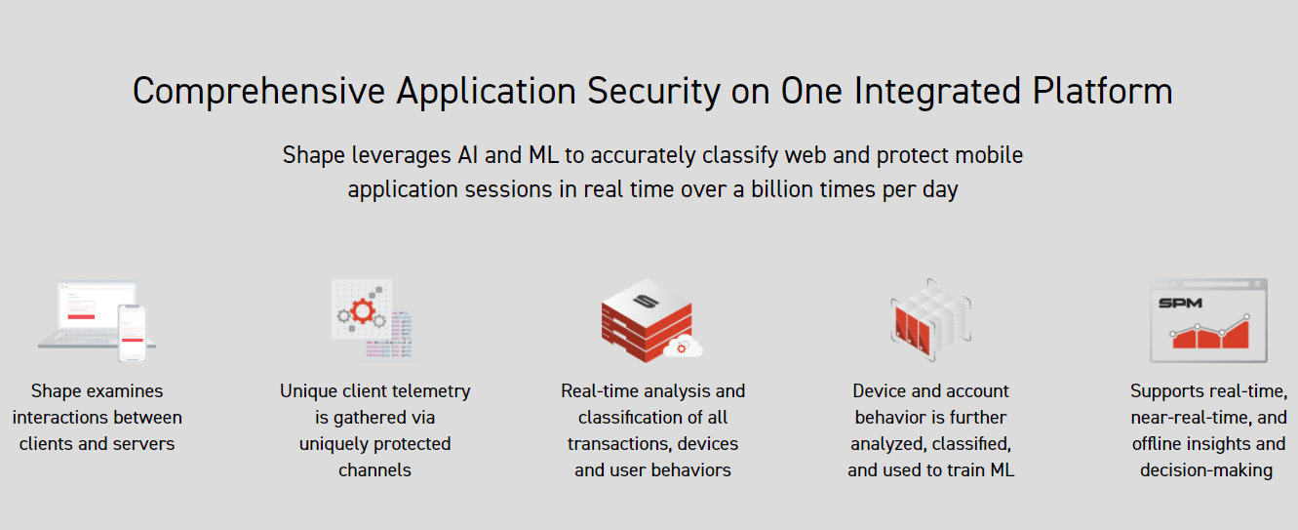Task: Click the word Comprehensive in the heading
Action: coord(258,92)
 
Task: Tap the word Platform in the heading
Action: coord(1103,91)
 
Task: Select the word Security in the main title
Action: coord(653,92)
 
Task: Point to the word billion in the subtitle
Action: coord(780,189)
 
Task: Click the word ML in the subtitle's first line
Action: coord(543,155)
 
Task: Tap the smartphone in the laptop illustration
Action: coord(133,334)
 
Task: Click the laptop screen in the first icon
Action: coord(97,306)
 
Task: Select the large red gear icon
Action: coord(363,311)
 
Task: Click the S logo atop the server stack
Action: coord(646,301)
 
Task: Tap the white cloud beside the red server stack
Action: coord(684,347)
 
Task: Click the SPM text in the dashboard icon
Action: coord(1180,303)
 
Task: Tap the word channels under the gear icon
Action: coord(374,469)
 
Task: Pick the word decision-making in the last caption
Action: coord(1206,470)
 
